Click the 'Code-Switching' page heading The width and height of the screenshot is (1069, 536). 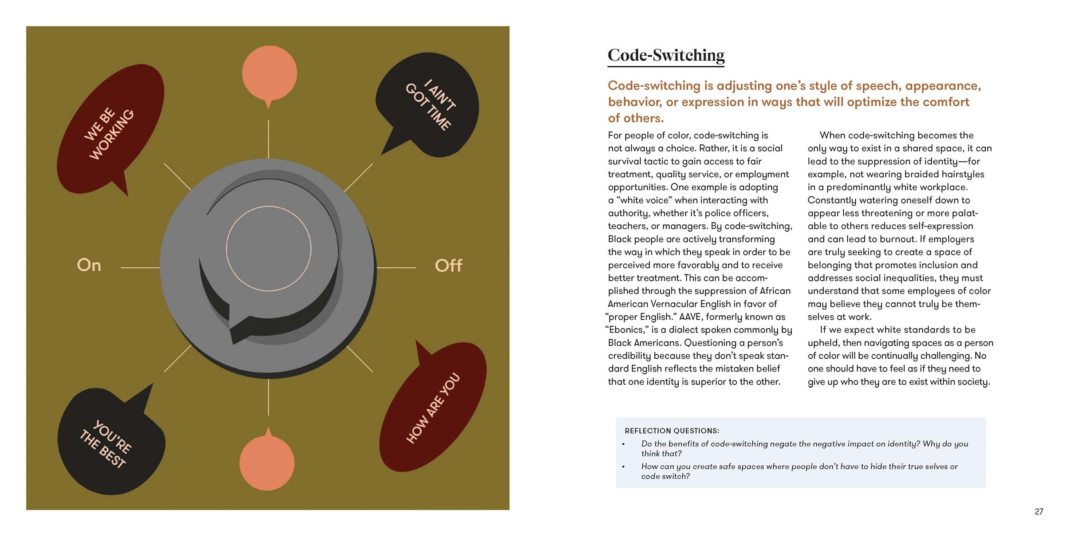click(x=666, y=55)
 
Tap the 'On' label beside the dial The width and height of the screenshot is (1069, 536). click(x=89, y=265)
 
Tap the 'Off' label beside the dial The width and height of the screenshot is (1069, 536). click(x=448, y=265)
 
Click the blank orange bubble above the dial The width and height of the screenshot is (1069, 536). click(x=269, y=75)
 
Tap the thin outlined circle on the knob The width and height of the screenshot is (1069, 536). click(x=268, y=206)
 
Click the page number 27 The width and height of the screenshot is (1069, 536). click(x=1039, y=512)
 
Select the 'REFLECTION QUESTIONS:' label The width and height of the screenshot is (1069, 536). click(x=672, y=431)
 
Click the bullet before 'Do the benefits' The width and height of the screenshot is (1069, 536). click(x=623, y=444)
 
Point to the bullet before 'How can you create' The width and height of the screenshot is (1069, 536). click(x=623, y=467)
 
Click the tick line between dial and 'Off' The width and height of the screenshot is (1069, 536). click(x=396, y=268)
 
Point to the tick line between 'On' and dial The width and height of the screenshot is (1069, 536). click(x=140, y=268)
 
